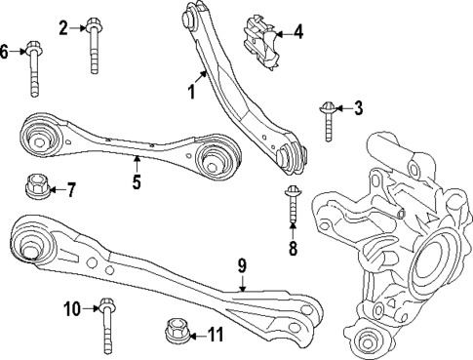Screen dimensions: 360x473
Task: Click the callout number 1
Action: (x=192, y=93)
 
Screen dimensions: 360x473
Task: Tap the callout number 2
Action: (x=63, y=27)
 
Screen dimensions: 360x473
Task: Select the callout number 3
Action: (x=358, y=107)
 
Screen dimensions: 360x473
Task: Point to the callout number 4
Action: (x=298, y=32)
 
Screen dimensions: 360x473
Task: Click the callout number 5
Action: (x=137, y=181)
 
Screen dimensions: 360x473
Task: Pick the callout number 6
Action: (x=5, y=51)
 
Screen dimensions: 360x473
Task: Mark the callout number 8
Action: (x=292, y=248)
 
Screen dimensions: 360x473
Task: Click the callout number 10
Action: (x=71, y=310)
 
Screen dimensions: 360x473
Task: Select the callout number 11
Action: (x=217, y=336)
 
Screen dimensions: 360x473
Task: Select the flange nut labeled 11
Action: (x=176, y=332)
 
